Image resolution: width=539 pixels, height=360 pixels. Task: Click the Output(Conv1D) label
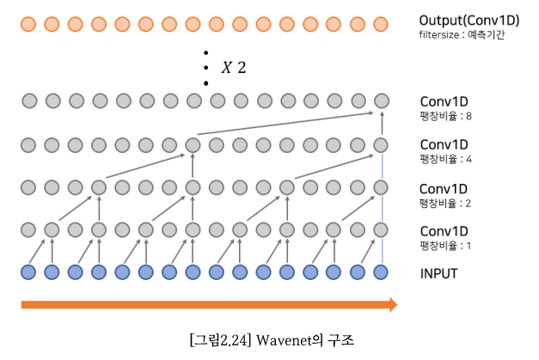point(469,20)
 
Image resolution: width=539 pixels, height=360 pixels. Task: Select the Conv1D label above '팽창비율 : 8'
point(444,101)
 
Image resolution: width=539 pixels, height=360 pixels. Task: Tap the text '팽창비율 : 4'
point(445,159)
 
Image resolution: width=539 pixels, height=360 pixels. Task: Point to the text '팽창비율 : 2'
point(445,203)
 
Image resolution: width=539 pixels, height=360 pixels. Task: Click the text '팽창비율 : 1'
point(445,246)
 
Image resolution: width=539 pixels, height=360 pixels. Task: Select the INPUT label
point(438,273)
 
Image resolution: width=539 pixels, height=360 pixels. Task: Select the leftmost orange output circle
point(28,23)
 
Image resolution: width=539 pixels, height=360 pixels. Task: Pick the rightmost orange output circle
point(382,23)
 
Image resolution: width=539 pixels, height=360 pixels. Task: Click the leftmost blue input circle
point(28,272)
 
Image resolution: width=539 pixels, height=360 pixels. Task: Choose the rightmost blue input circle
point(382,272)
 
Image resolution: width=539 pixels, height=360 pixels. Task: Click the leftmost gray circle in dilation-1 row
point(28,229)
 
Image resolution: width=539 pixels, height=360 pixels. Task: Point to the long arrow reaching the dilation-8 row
point(284,123)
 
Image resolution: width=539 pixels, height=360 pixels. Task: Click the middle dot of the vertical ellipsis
point(205,68)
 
